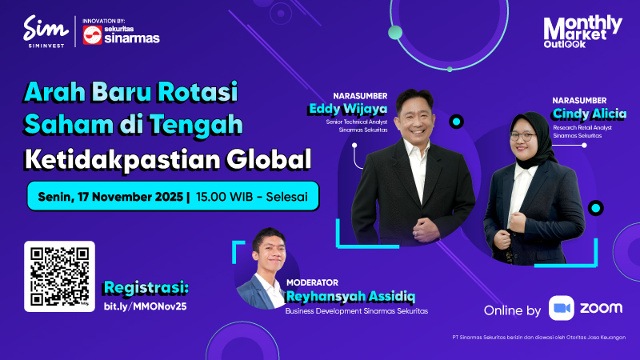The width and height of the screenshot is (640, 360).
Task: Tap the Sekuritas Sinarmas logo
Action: (121, 34)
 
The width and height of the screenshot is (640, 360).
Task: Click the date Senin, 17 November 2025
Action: (108, 195)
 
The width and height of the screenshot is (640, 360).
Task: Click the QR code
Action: (59, 276)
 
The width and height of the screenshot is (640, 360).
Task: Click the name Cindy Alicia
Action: (589, 114)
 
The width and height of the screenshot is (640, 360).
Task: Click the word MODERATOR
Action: (312, 282)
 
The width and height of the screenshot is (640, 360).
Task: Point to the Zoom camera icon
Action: (562, 309)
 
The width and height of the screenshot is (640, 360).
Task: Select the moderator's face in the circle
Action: (264, 250)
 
